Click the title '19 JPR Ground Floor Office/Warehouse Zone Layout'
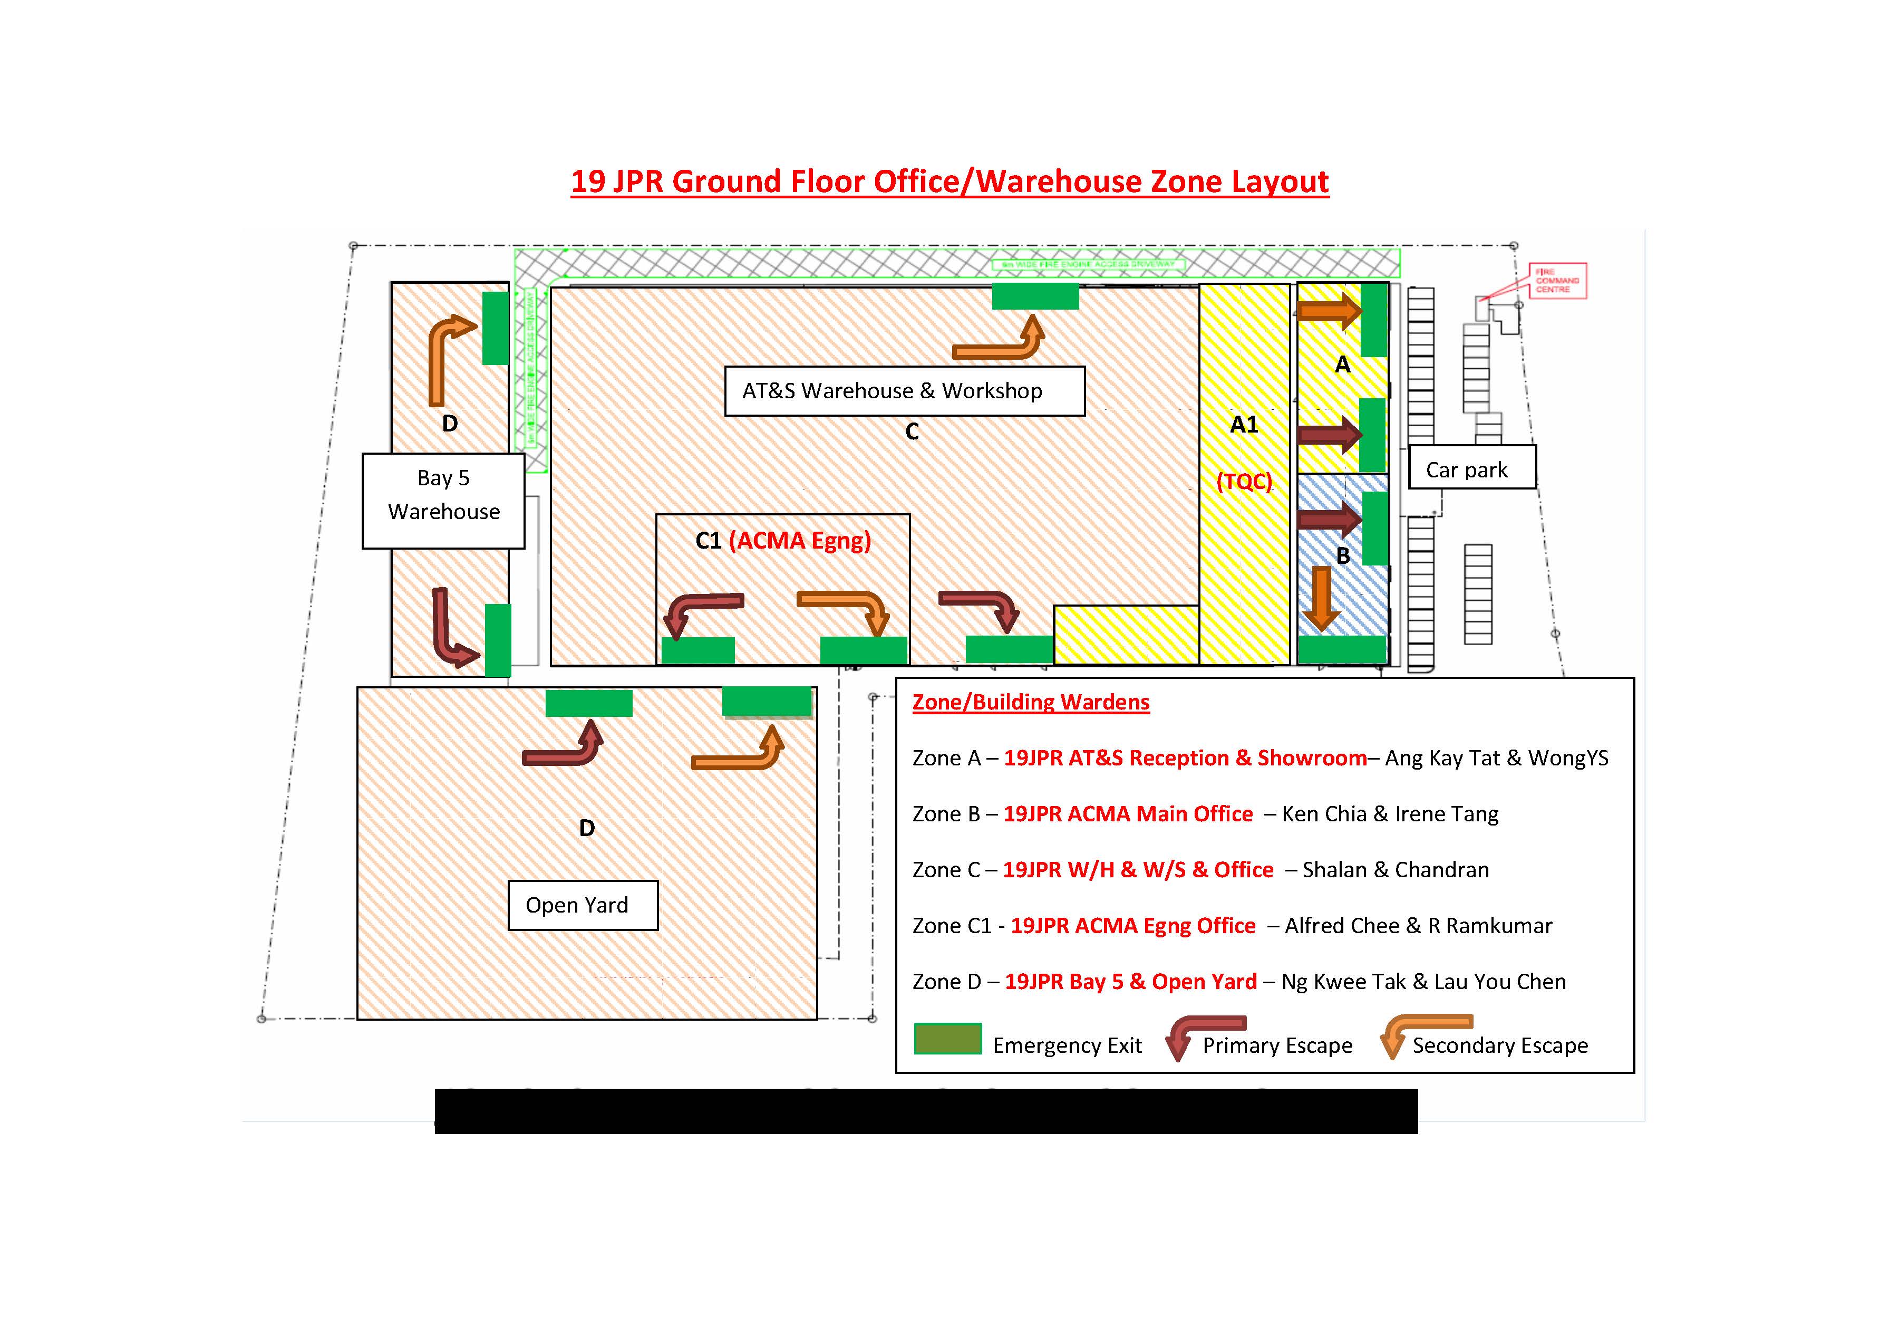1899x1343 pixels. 949,181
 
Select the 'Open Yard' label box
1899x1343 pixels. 582,905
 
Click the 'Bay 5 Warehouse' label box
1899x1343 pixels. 443,500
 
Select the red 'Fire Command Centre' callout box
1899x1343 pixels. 1557,281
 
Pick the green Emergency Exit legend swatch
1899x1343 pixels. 948,1039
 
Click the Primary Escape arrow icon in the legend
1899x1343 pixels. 1204,1037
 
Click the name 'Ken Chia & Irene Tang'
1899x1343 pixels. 1390,814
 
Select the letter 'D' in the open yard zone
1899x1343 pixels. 586,828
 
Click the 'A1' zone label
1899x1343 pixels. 1243,425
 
